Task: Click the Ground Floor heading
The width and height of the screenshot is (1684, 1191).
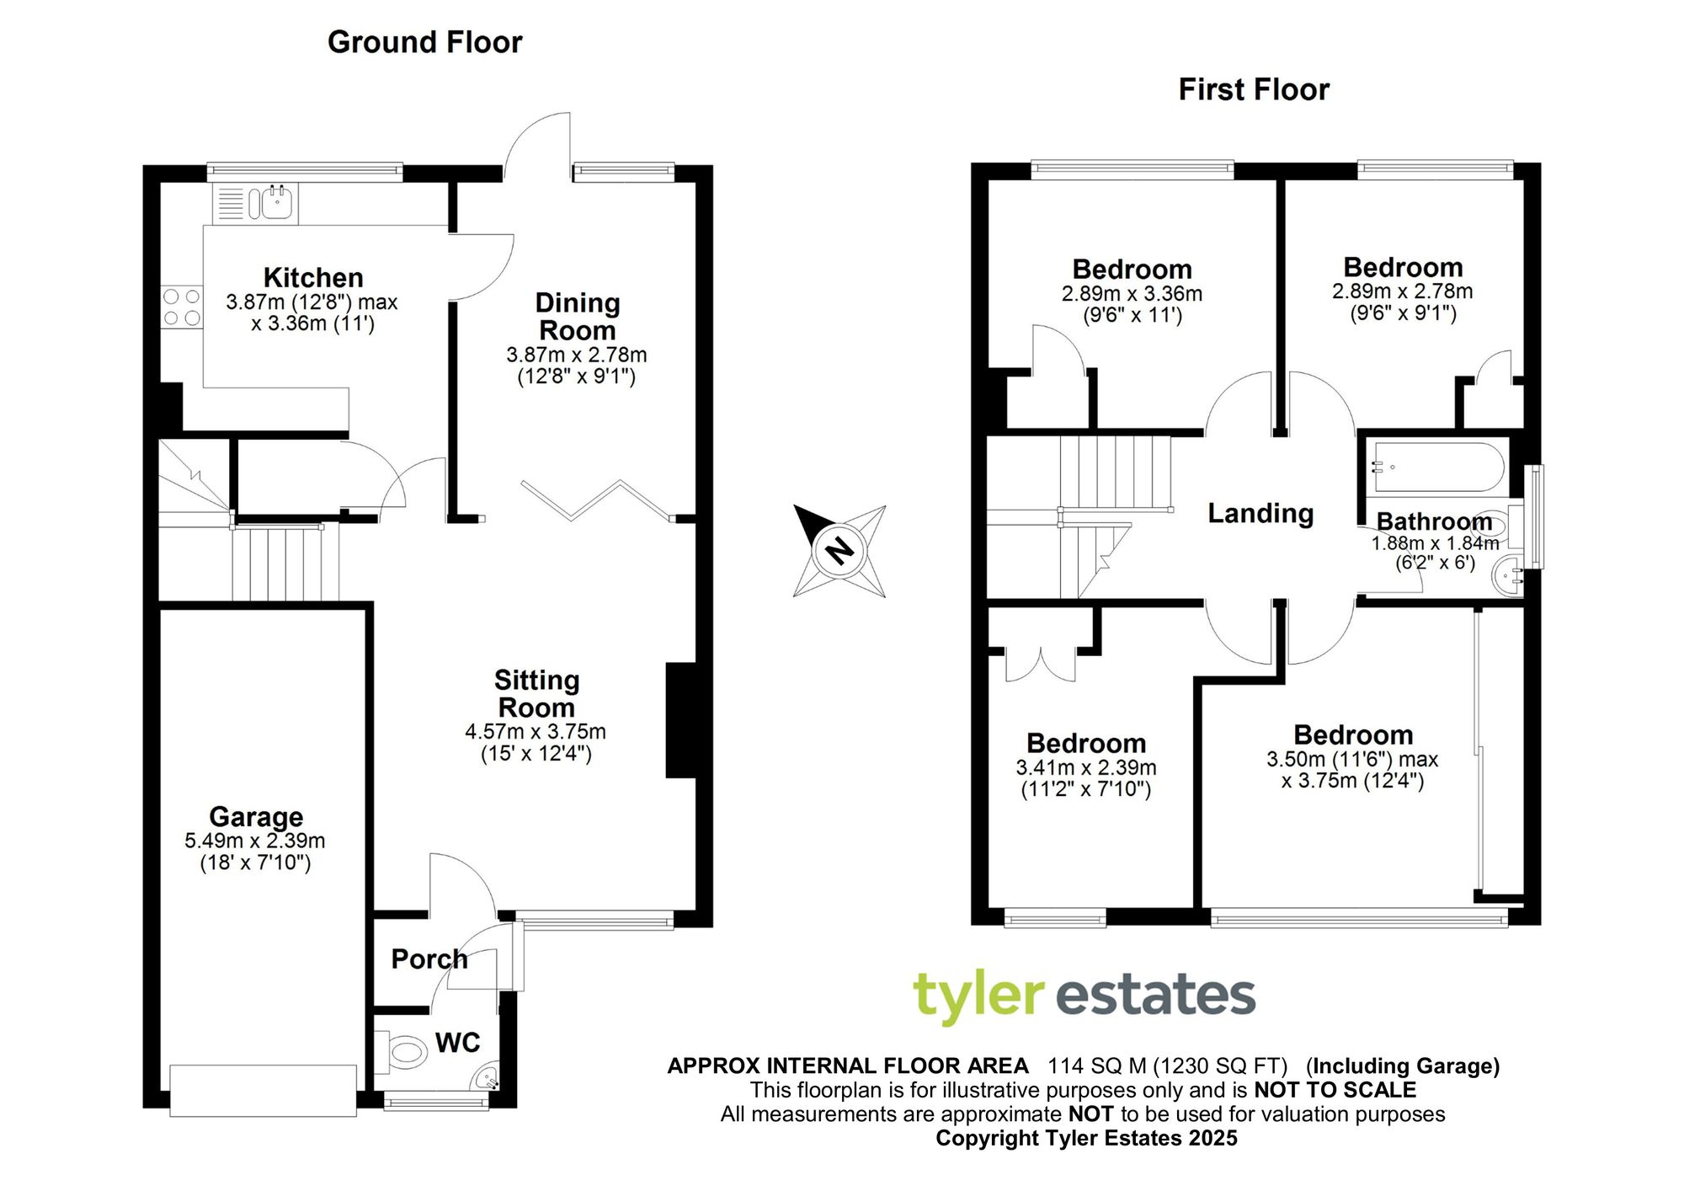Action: point(424,42)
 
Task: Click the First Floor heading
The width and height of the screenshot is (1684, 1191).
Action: point(1253,89)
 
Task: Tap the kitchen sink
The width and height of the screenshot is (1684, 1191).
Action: point(277,203)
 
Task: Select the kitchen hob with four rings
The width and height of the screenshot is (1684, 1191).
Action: point(182,307)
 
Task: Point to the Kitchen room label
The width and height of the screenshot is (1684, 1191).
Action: point(313,277)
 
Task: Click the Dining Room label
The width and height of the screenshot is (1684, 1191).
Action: point(577,316)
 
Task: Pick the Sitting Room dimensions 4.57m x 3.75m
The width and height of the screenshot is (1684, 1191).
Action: point(536,732)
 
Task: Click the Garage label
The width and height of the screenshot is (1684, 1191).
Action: point(256,816)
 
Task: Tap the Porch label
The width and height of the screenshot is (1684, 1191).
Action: point(429,959)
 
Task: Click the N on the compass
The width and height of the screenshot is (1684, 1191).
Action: point(839,552)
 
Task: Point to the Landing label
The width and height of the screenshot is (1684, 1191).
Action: point(1260,513)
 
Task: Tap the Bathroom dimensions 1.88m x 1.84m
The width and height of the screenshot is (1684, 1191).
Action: point(1435,544)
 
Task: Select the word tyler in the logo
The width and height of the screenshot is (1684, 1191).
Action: point(978,996)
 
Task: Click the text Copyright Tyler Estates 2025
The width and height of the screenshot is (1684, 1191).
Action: point(1086,1138)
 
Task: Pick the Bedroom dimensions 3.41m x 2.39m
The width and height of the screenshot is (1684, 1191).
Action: point(1086,767)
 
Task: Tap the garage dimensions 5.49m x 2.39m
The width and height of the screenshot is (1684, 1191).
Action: point(255,841)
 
